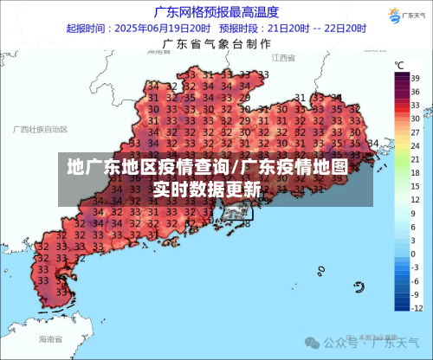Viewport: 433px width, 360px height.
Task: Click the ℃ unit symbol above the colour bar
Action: tap(399, 65)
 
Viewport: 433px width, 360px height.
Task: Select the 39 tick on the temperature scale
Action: tap(416, 77)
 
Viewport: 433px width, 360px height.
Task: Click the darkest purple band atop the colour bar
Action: tap(401, 78)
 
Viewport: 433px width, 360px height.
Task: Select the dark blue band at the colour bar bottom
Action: tap(401, 303)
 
